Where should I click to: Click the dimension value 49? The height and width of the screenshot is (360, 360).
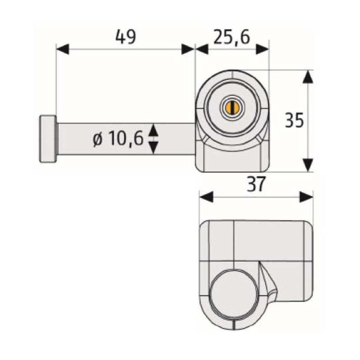click(126, 38)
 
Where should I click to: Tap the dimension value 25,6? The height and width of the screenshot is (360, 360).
click(231, 38)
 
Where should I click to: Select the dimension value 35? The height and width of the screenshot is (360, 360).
click(294, 121)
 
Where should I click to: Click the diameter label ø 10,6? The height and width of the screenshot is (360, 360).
click(117, 139)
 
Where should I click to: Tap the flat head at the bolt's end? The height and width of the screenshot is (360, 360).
click(48, 139)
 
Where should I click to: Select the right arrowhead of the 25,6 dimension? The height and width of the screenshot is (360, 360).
click(263, 49)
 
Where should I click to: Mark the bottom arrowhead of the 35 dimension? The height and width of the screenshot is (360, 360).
click(308, 165)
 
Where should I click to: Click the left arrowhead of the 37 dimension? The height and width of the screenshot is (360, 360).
click(206, 197)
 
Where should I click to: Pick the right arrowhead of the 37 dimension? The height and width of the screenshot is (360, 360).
click(307, 197)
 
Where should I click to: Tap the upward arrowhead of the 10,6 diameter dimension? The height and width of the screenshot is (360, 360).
click(153, 129)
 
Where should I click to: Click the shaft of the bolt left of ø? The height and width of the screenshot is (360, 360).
click(74, 139)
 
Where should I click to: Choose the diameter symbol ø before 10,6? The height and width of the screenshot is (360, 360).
click(97, 140)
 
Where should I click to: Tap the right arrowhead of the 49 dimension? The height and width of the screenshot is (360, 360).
click(188, 49)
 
